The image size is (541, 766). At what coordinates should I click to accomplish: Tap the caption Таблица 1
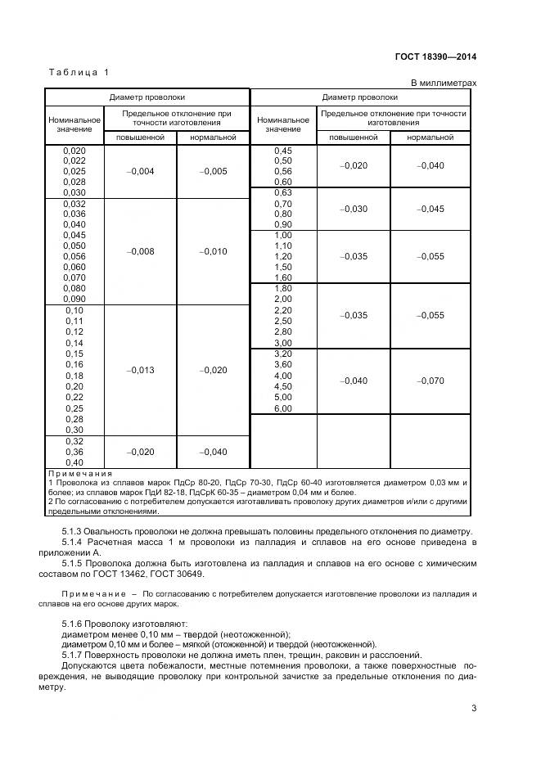pyautogui.click(x=79, y=73)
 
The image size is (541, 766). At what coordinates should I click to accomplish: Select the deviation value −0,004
pyautogui.click(x=141, y=171)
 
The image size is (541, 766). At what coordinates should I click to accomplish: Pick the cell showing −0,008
pyautogui.click(x=141, y=251)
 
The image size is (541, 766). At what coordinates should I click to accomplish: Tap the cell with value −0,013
pyautogui.click(x=141, y=370)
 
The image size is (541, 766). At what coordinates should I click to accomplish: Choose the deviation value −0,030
pyautogui.click(x=354, y=209)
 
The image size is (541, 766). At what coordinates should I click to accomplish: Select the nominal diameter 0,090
pyautogui.click(x=74, y=299)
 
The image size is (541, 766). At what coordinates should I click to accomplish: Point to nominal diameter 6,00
pyautogui.click(x=282, y=408)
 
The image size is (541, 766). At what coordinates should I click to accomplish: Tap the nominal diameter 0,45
pyautogui.click(x=282, y=150)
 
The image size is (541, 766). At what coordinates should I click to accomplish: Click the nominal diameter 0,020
pyautogui.click(x=74, y=150)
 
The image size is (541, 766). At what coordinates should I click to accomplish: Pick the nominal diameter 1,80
pyautogui.click(x=282, y=289)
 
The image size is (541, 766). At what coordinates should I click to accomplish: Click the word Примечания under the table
pyautogui.click(x=80, y=474)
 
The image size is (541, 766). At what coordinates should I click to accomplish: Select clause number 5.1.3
pyautogui.click(x=75, y=533)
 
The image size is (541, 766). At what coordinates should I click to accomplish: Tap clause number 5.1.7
pyautogui.click(x=75, y=655)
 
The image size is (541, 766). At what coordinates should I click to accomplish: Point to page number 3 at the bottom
pyautogui.click(x=474, y=709)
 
